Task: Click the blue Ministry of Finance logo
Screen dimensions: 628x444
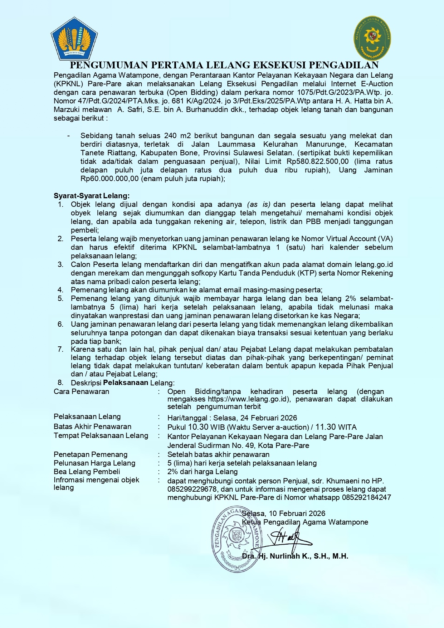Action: (74, 39)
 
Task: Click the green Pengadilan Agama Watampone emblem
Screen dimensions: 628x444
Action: (372, 38)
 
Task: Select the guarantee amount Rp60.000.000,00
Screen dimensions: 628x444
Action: (109, 179)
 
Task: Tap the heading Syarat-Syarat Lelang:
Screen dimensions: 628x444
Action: (92, 196)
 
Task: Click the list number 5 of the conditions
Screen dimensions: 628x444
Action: (60, 298)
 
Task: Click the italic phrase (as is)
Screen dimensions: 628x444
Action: (258, 204)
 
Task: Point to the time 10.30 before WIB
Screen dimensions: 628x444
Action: (198, 427)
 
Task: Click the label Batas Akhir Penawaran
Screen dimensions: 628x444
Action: (92, 427)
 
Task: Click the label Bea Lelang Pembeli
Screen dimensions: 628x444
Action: (87, 472)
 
